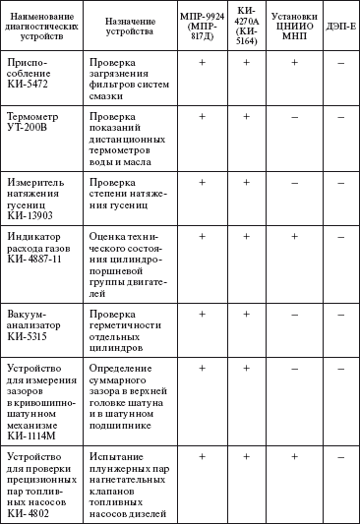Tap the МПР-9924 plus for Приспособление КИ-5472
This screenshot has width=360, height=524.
pyautogui.click(x=202, y=64)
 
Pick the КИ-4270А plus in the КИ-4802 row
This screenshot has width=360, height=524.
pyautogui.click(x=247, y=456)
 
